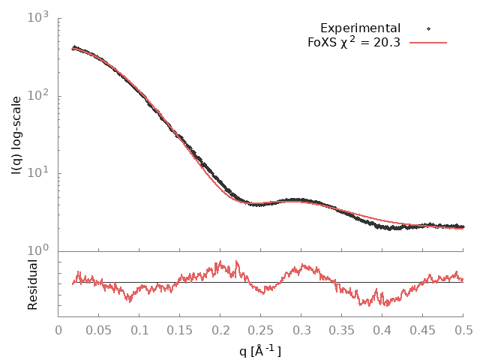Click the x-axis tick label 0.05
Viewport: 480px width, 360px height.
click(99, 329)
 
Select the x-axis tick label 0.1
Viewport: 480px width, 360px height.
click(139, 329)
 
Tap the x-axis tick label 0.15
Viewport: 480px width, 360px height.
click(180, 329)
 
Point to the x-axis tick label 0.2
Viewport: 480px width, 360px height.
click(220, 329)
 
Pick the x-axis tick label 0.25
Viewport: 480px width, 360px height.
click(261, 329)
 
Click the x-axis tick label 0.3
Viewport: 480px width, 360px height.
click(301, 329)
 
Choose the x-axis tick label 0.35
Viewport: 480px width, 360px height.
click(342, 329)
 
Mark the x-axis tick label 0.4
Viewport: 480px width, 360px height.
click(382, 329)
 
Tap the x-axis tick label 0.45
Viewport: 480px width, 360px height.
click(423, 329)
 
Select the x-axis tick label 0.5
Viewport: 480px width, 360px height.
click(463, 329)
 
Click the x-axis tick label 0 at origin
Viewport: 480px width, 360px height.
click(58, 329)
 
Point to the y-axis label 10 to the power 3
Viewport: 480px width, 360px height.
click(37, 16)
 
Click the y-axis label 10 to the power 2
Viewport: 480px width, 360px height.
click(37, 94)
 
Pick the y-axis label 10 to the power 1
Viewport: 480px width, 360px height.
click(37, 172)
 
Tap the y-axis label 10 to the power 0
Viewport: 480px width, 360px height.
click(37, 250)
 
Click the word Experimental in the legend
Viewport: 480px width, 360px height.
click(360, 28)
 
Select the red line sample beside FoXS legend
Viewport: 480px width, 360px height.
click(427, 42)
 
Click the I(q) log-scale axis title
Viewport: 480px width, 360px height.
click(16, 135)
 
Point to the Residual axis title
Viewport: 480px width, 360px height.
click(32, 284)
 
